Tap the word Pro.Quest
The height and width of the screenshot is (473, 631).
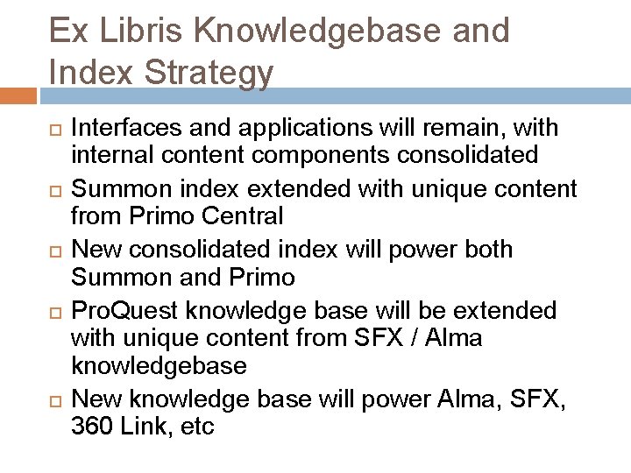click(x=132, y=311)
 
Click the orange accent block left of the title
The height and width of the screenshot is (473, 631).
click(x=18, y=95)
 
